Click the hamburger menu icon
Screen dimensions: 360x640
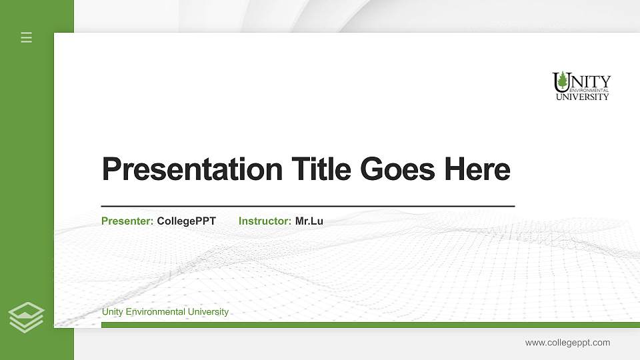point(27,37)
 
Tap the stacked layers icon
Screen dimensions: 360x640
point(27,317)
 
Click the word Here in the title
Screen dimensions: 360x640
point(477,169)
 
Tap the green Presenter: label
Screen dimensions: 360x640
point(127,221)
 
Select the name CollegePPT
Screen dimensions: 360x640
point(187,221)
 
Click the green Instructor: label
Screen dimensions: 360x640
point(265,221)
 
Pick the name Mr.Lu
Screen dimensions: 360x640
point(309,221)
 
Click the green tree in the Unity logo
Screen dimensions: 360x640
point(562,81)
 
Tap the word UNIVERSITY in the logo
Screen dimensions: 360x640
point(583,97)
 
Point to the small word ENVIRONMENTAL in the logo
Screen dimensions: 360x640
point(589,90)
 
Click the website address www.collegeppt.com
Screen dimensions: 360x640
point(567,343)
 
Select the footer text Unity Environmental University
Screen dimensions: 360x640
point(165,312)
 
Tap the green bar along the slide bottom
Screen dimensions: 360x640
point(367,325)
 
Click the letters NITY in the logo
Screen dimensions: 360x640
point(591,81)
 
